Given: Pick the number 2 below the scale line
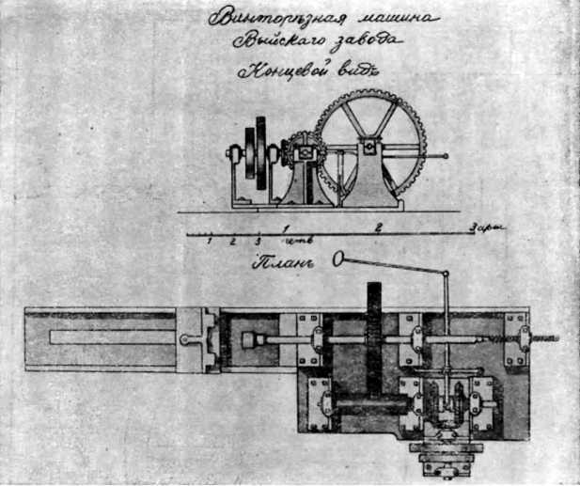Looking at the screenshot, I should click(x=231, y=242).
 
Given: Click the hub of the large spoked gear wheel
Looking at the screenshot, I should click(x=370, y=147).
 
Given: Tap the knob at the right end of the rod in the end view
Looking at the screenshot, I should click(x=444, y=156).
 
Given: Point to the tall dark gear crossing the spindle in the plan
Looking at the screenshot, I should click(x=373, y=348).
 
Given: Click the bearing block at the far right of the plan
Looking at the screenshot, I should click(x=515, y=340).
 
